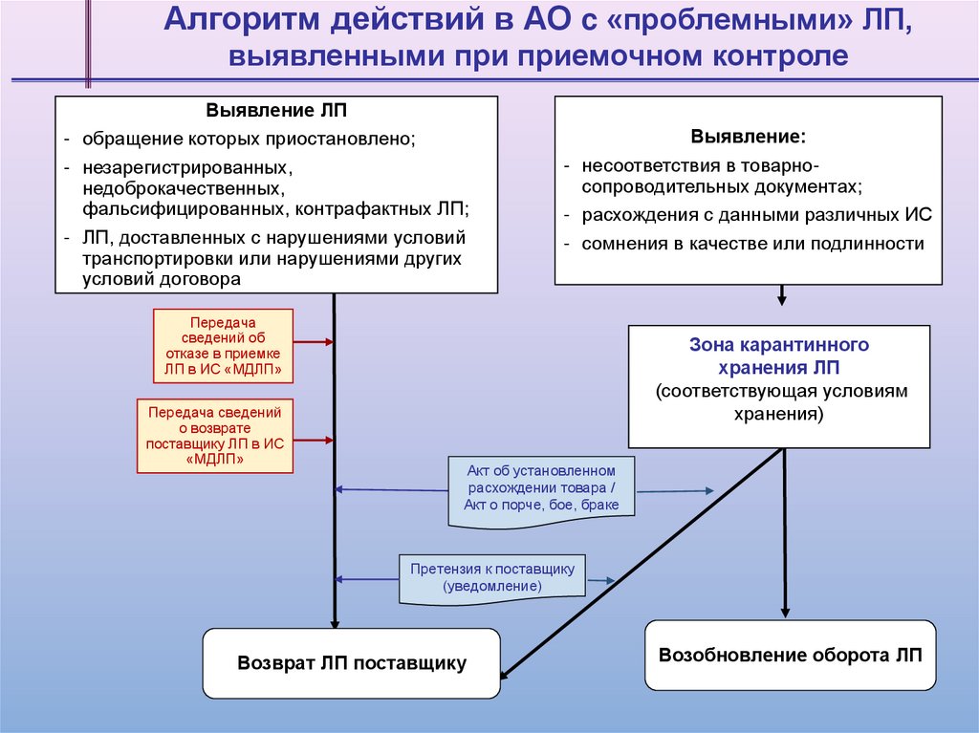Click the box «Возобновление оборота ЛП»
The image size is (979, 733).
(789, 656)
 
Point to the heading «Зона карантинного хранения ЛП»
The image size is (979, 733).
(778, 355)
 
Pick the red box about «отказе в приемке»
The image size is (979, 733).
(223, 345)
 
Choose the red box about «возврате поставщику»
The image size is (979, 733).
(215, 436)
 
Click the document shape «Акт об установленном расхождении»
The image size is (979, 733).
(541, 488)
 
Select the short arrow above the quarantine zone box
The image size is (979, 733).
(781, 294)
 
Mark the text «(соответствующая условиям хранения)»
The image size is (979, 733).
(779, 402)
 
